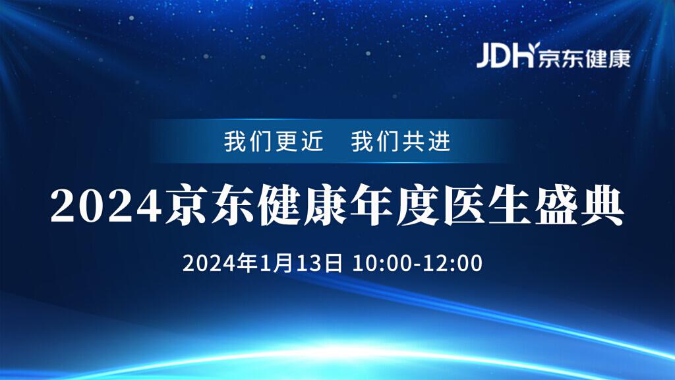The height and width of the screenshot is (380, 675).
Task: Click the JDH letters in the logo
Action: [x=505, y=56]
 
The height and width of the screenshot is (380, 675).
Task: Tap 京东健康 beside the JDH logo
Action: [x=584, y=58]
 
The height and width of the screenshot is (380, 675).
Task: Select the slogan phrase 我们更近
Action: [x=274, y=142]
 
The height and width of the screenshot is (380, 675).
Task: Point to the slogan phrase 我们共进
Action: [x=401, y=142]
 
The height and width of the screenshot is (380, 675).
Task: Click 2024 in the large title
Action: [x=106, y=205]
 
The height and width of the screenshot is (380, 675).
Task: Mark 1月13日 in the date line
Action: [x=302, y=263]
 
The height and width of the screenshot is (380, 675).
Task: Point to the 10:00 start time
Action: [x=382, y=263]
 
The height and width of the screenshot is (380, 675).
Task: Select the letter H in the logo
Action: [x=525, y=56]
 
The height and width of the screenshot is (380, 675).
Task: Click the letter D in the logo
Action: [x=504, y=57]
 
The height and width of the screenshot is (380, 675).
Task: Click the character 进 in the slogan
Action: [x=439, y=142]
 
